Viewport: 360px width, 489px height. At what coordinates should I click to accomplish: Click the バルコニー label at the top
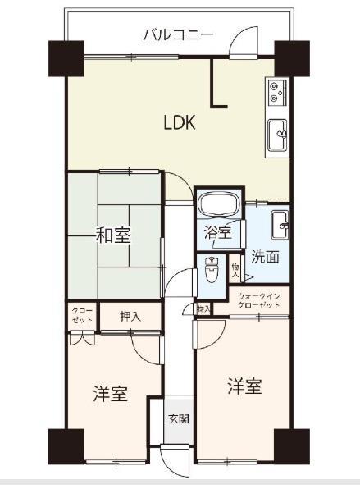point(178,34)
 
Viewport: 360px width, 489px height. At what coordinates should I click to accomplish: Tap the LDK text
point(179,123)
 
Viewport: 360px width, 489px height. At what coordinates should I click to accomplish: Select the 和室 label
point(113,236)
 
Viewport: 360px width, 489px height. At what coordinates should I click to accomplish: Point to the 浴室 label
point(217,233)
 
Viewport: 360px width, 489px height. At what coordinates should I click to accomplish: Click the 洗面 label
point(265,257)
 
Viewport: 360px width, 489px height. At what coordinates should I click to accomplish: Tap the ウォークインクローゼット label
point(260,299)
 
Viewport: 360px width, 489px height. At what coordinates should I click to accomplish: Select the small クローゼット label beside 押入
point(82,315)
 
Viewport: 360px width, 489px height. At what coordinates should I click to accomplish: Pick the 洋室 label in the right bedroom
point(244,386)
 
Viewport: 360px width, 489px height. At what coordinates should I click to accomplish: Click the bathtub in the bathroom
point(218,206)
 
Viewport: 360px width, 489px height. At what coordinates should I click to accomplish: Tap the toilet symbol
point(212,268)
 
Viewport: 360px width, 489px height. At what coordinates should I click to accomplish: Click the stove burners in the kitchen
point(275,93)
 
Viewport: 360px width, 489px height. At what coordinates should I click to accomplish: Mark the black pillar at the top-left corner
point(65,56)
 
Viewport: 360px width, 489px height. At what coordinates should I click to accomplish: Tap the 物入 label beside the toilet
point(235,268)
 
